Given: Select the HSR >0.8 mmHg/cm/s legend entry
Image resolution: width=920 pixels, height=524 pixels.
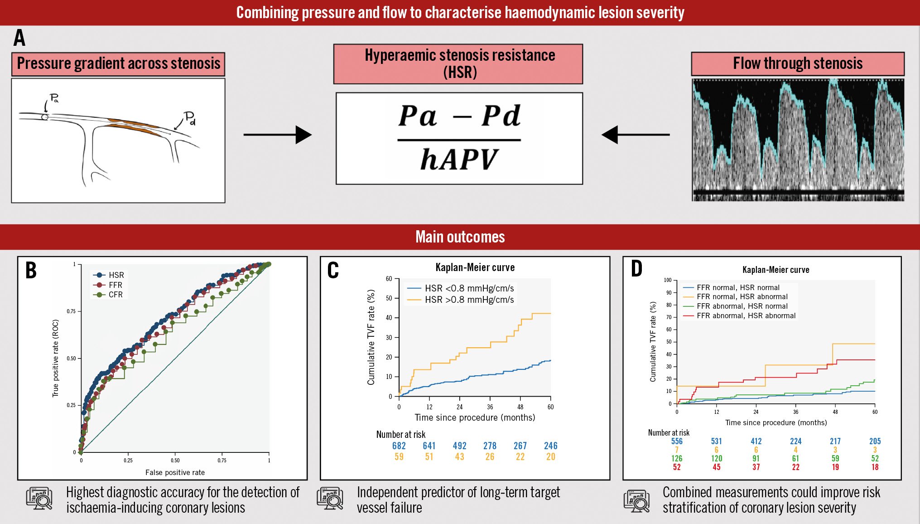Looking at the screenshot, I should [461, 300].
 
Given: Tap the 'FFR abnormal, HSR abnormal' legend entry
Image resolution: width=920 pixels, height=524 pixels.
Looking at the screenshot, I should [739, 316].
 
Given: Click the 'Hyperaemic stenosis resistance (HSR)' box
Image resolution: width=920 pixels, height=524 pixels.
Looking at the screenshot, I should [458, 64].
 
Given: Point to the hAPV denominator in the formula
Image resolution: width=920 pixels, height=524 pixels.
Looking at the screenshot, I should [459, 160].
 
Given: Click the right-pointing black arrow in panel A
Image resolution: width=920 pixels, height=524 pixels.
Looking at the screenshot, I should [277, 135].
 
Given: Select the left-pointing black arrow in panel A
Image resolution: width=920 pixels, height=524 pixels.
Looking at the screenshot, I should [636, 135].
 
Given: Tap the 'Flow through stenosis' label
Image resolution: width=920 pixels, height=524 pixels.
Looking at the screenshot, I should [797, 63].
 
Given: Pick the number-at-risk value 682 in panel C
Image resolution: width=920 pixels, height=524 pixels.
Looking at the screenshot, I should [399, 446].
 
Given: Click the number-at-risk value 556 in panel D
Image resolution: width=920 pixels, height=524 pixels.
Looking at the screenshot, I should [677, 441].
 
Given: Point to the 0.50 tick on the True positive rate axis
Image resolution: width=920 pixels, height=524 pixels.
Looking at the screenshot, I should [72, 359].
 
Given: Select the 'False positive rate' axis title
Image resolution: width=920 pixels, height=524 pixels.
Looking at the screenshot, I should [175, 472].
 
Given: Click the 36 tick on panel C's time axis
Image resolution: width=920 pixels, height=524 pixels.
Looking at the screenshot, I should [490, 407].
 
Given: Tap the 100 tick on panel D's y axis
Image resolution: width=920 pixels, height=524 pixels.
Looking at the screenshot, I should [668, 280].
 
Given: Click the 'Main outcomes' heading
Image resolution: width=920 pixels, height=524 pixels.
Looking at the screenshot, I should [460, 237].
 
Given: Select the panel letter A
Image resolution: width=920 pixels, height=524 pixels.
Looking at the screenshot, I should [19, 38].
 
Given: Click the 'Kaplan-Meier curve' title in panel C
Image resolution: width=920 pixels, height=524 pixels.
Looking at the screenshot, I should [475, 267].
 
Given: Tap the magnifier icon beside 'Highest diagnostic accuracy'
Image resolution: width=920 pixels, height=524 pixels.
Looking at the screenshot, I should [39, 499].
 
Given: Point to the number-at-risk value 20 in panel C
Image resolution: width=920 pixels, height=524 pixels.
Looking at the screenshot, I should [550, 457].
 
